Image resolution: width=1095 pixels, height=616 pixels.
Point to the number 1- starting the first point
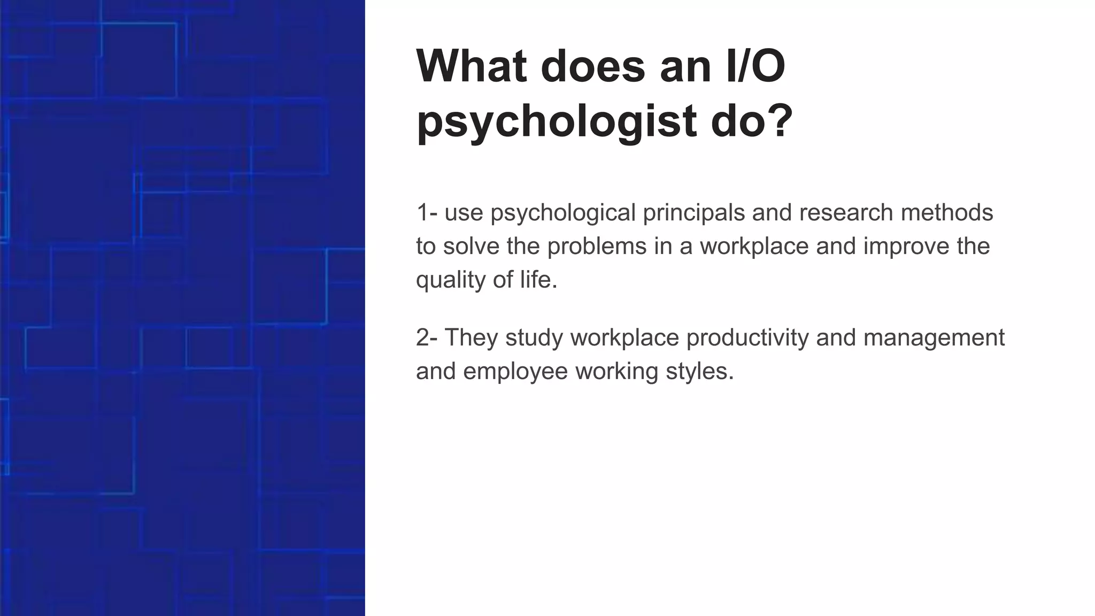pyautogui.click(x=427, y=212)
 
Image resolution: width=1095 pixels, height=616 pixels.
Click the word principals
pyautogui.click(x=693, y=212)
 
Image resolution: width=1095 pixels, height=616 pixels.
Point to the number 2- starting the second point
pyautogui.click(x=427, y=337)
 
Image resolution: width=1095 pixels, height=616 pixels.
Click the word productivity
pyautogui.click(x=747, y=337)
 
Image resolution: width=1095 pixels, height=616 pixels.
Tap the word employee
pyautogui.click(x=515, y=372)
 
